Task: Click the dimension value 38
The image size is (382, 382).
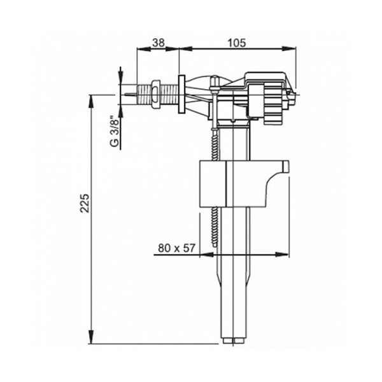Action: (x=159, y=43)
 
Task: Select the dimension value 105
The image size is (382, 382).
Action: (x=237, y=43)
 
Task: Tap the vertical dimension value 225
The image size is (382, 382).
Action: (x=85, y=203)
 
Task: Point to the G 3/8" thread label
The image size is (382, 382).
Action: (x=115, y=132)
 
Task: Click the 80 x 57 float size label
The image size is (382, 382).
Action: (x=176, y=248)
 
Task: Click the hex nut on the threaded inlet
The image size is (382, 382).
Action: (x=155, y=94)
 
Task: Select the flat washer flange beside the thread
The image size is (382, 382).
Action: (x=182, y=94)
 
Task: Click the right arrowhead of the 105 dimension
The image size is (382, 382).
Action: (x=289, y=49)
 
